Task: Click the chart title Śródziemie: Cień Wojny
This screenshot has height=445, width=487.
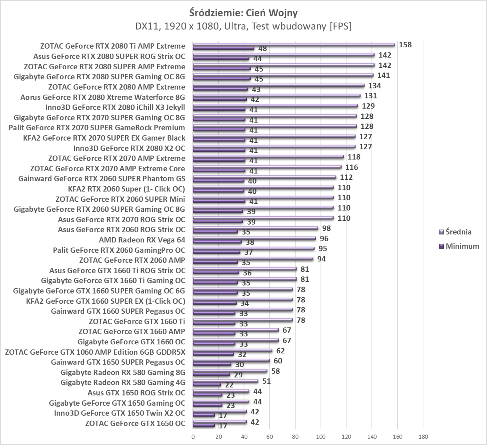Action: tap(243, 13)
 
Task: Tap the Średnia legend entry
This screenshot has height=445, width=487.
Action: tap(458, 232)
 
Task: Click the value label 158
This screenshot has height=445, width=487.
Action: tap(405, 45)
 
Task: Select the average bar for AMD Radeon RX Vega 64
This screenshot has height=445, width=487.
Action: tap(254, 239)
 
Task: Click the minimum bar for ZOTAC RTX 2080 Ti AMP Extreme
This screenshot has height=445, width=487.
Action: tap(223, 48)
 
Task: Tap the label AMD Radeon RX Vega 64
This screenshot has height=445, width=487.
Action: tap(142, 240)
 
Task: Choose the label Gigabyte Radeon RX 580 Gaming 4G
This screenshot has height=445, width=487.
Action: tap(123, 383)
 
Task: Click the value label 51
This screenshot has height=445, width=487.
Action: tap(266, 381)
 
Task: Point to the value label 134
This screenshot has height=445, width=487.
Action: tap(375, 86)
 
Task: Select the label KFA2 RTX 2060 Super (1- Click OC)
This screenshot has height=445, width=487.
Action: tap(127, 189)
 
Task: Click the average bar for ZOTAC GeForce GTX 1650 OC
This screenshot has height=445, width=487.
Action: tap(219, 422)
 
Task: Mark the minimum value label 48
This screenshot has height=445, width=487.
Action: tap(263, 49)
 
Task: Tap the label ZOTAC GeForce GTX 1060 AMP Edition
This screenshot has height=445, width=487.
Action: tap(95, 352)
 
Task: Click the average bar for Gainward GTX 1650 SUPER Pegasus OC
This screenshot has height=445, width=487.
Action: tap(231, 361)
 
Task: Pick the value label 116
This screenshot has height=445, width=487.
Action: tap(352, 167)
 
